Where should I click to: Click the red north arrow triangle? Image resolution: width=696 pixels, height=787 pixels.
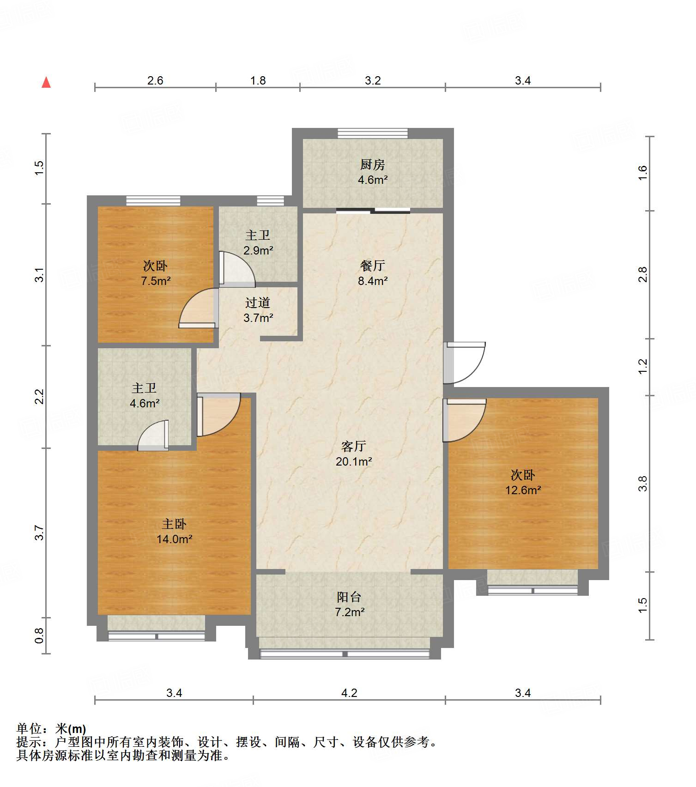pos(46,82)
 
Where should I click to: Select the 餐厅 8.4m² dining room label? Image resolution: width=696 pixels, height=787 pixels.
pos(373,273)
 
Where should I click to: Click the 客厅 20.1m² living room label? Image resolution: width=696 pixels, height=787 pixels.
pos(354,454)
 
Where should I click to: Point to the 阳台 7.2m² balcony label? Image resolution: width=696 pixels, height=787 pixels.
pos(350,605)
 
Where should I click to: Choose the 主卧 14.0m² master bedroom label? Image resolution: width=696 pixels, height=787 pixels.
pos(174,531)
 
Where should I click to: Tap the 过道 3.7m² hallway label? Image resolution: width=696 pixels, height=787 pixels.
pos(258,310)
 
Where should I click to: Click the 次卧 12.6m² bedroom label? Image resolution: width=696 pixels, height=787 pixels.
pos(523,482)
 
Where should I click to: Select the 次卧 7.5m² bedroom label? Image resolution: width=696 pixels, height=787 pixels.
pos(156,273)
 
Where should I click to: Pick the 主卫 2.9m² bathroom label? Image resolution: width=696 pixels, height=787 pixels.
pos(258,242)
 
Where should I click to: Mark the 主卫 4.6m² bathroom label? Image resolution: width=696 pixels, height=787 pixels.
pos(145,395)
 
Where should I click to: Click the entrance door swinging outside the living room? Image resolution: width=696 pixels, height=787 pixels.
pos(464,363)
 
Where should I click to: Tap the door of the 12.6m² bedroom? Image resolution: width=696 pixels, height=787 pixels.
pos(464,420)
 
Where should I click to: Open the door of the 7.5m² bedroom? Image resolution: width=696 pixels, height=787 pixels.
pos(199,308)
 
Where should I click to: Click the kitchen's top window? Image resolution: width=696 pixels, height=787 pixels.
pos(373,133)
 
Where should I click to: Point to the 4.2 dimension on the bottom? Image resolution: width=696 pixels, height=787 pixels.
pos(349,693)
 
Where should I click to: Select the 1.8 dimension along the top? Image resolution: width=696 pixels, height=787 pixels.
pos(258,80)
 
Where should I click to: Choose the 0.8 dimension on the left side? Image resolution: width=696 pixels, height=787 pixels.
pos(39,636)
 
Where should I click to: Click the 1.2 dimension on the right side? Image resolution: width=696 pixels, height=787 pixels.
pos(643,367)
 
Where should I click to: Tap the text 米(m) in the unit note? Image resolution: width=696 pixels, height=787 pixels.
pos(71,729)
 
